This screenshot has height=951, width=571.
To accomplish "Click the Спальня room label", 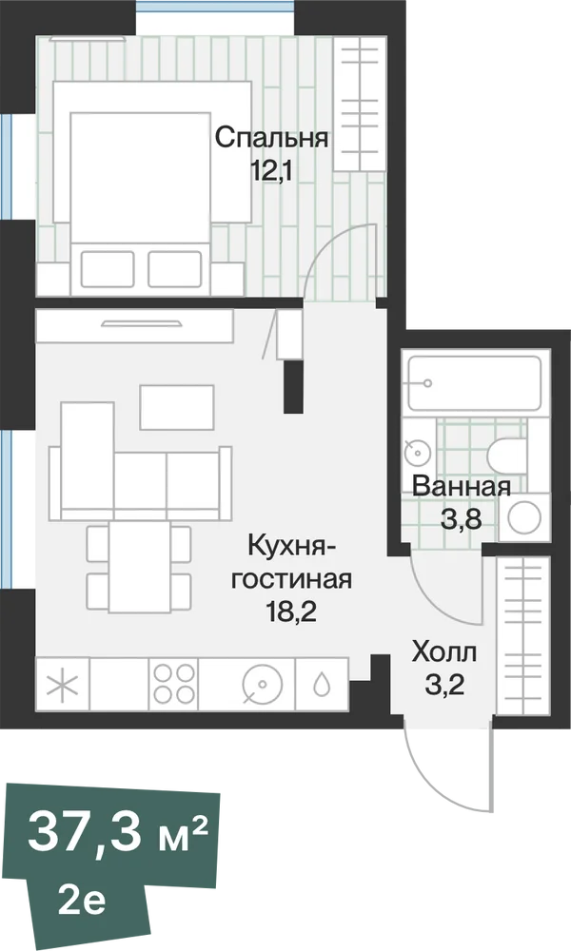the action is click(x=272, y=139).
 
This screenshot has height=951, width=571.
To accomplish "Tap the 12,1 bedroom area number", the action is click(x=272, y=171).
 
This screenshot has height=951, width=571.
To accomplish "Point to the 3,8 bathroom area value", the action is click(x=462, y=519).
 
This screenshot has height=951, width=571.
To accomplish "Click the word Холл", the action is click(x=444, y=653).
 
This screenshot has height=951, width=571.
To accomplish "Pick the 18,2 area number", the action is click(x=292, y=612).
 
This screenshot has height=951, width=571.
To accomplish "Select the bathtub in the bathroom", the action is click(x=474, y=383).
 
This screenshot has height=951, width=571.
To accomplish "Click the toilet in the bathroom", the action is click(x=505, y=456).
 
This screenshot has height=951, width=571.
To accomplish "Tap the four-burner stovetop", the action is click(x=174, y=684).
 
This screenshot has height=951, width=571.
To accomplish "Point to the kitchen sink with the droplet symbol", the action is click(x=321, y=684).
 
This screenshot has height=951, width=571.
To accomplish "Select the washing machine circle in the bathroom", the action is click(x=524, y=517).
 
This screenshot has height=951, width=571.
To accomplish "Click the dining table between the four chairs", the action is click(x=140, y=567).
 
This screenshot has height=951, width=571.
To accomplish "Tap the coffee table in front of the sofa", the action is click(x=177, y=407).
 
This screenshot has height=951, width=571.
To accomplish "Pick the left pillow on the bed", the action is click(x=108, y=269).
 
